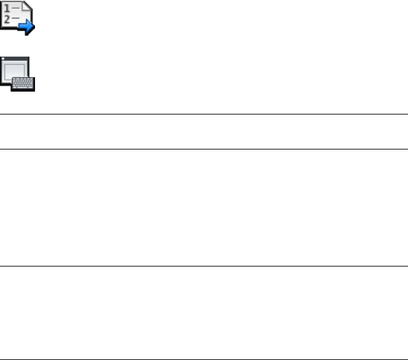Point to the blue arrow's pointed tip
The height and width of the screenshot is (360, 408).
coord(34,26)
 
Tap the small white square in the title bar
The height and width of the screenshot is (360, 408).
coord(5,60)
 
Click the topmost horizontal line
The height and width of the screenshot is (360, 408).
coord(204,114)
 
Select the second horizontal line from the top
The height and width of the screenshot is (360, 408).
coord(204,149)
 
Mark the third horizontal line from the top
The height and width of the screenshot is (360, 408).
coord(204,267)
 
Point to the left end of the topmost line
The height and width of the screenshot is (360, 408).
coord(1,114)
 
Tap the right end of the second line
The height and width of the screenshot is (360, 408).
coord(406,149)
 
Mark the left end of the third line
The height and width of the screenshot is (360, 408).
coord(1,267)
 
